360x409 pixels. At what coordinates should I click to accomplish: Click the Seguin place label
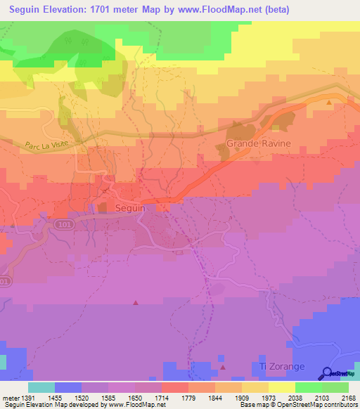click(130, 209)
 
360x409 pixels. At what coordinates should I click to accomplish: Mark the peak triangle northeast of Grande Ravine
click(329, 103)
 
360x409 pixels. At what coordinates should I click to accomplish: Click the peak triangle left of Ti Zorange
click(223, 366)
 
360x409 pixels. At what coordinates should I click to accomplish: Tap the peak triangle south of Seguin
click(136, 302)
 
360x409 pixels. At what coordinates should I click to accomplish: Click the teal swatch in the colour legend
click(41, 387)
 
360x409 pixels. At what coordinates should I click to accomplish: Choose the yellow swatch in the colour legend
click(282, 387)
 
